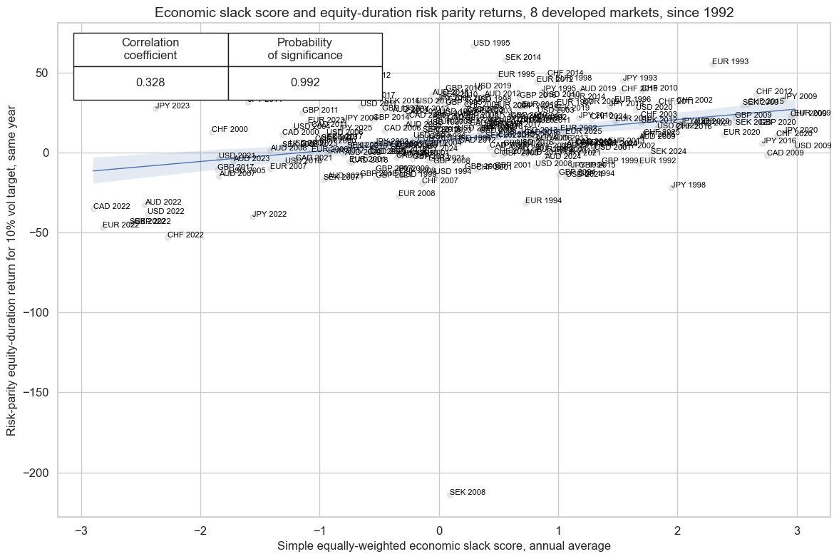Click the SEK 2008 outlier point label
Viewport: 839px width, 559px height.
pos(467,493)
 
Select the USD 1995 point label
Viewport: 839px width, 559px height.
pos(492,43)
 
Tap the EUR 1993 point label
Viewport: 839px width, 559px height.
pos(730,62)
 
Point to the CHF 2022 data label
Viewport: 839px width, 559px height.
pos(185,235)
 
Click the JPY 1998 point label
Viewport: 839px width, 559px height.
pos(689,185)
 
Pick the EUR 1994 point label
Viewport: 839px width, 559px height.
pos(543,201)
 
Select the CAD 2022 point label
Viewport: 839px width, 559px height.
pos(112,207)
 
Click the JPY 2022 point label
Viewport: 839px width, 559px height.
pos(269,215)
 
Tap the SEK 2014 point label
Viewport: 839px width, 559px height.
pos(523,58)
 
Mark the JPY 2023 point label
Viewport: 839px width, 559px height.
pos(173,106)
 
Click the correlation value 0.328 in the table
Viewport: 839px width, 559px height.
pos(150,83)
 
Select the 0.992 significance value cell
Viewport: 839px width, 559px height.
pos(305,83)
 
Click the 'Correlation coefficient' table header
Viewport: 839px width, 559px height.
pos(150,49)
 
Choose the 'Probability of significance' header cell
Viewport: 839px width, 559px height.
pos(305,49)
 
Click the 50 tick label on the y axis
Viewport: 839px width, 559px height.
pos(42,73)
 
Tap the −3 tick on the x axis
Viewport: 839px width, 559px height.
pos(81,530)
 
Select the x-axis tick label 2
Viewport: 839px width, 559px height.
pos(678,530)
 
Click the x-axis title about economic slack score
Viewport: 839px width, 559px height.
pos(444,547)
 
